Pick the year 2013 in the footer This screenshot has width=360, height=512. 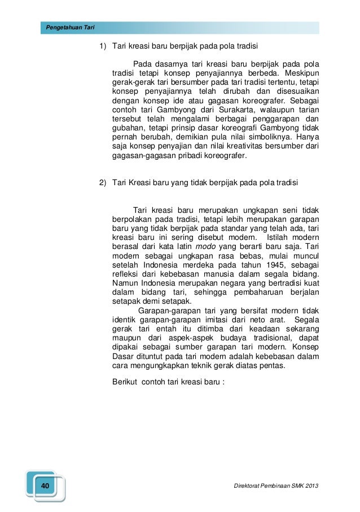pyautogui.click(x=308, y=486)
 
